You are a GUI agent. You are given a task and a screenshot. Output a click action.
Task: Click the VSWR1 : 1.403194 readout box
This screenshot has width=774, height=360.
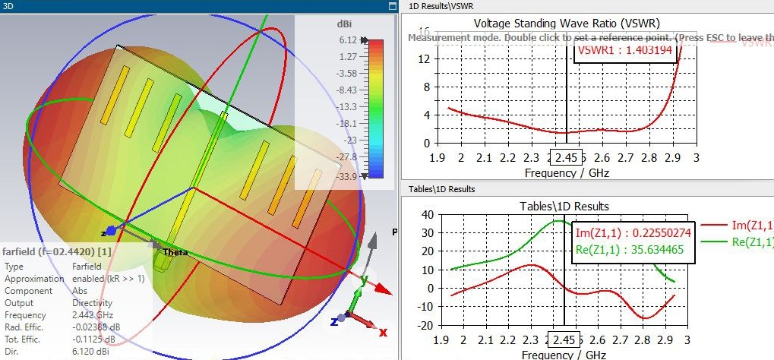624,50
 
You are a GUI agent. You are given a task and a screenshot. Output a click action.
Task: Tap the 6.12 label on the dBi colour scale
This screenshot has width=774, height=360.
348,40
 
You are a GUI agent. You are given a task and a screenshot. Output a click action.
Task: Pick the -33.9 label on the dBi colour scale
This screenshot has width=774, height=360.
346,176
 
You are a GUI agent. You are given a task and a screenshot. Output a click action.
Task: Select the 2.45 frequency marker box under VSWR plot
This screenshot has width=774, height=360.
566,157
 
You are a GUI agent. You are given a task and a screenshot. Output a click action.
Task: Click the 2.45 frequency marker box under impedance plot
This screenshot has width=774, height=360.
565,339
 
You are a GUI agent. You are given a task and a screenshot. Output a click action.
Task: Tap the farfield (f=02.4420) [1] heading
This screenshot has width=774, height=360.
58,251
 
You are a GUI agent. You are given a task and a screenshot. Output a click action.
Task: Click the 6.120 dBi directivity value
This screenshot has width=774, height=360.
87,354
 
